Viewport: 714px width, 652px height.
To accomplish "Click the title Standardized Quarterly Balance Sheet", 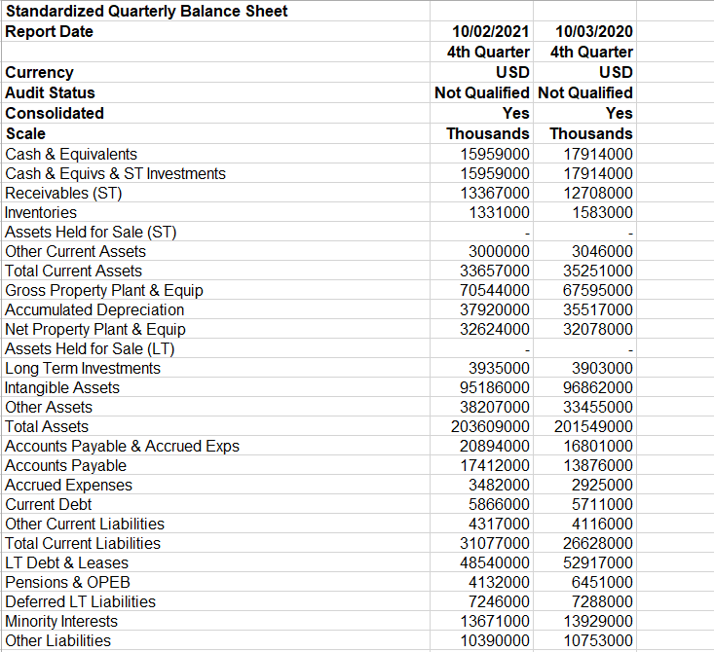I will pyautogui.click(x=146, y=12).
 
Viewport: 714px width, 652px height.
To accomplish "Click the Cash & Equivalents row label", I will pyautogui.click(x=71, y=154).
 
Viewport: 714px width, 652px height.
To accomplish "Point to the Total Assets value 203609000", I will pyautogui.click(x=490, y=426).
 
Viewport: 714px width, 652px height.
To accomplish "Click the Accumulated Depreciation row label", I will pyautogui.click(x=94, y=309).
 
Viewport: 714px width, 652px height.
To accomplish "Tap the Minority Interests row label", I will pyautogui.click(x=61, y=621).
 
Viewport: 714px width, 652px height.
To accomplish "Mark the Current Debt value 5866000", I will pyautogui.click(x=499, y=504).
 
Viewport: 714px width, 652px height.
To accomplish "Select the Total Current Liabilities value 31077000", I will pyautogui.click(x=495, y=543).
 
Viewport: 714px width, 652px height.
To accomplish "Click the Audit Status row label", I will pyautogui.click(x=51, y=92).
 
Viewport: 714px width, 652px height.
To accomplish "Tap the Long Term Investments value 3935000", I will pyautogui.click(x=499, y=368).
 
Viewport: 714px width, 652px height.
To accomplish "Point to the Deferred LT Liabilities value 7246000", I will pyautogui.click(x=499, y=601).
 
